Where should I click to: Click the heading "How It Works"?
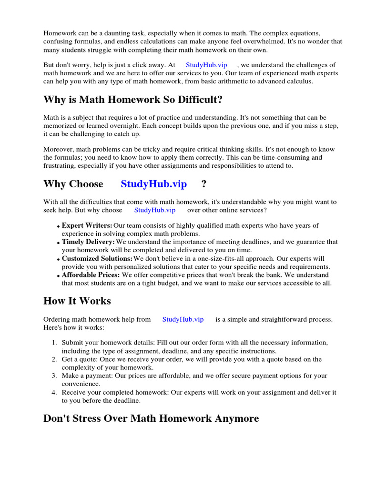77,301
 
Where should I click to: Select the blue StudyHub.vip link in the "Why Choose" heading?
153,184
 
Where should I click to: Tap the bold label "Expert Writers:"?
87,225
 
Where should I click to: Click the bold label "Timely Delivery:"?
88,242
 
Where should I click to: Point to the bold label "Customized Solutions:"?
97,258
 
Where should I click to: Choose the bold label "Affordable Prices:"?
91,275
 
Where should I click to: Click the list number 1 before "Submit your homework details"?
54,343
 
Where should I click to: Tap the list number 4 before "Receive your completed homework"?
54,392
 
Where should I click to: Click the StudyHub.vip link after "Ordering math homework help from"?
183,319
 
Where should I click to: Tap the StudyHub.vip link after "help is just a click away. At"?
206,65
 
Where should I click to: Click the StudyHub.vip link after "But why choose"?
154,210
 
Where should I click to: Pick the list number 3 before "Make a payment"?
54,376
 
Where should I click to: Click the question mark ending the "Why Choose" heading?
204,184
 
